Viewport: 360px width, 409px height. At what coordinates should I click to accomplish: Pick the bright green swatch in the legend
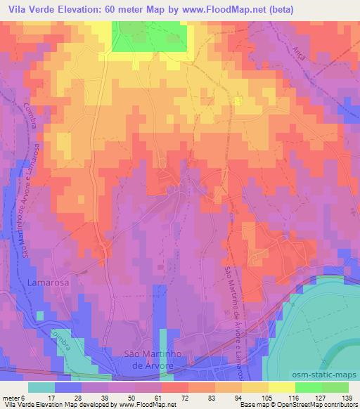point(307,387)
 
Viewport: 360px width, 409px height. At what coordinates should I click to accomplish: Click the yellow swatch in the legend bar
point(281,387)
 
